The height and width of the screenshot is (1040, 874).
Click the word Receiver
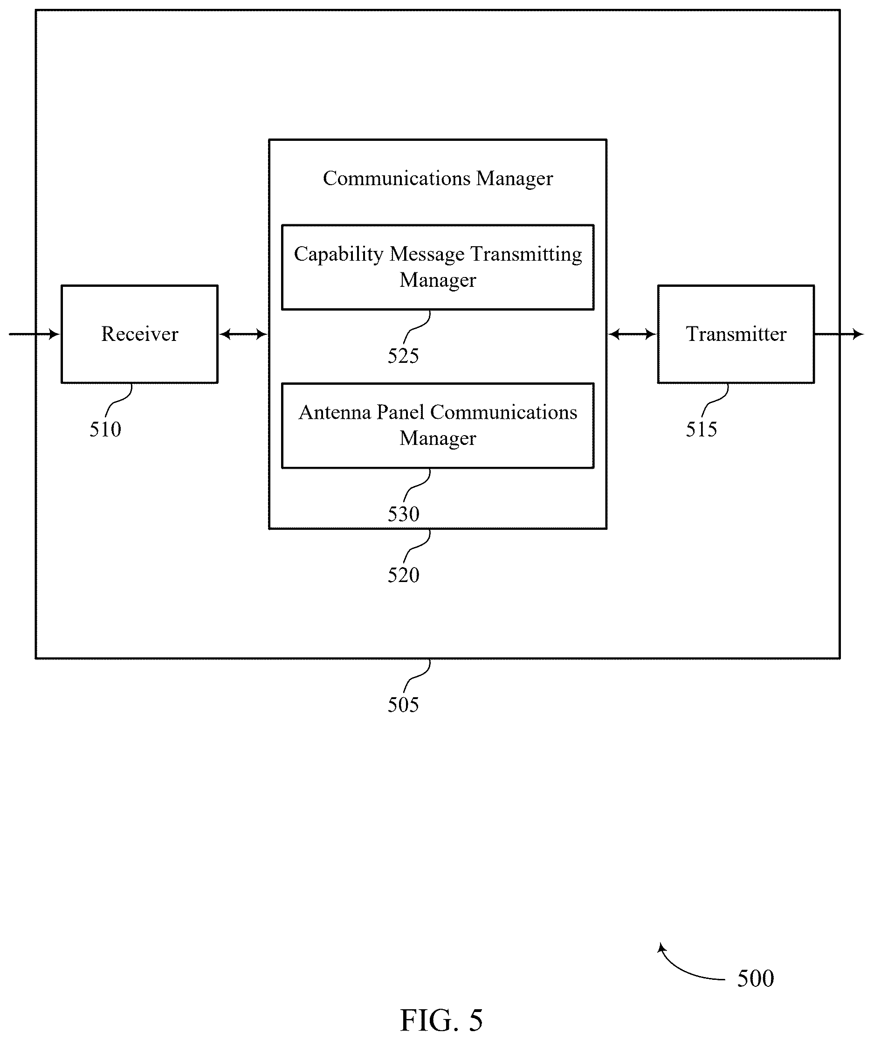[140, 334]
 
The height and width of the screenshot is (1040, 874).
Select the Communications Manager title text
[438, 179]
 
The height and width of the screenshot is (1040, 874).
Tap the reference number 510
[105, 429]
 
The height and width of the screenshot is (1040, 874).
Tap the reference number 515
[701, 429]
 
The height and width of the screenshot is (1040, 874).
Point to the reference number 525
[403, 356]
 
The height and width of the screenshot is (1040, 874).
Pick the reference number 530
[403, 514]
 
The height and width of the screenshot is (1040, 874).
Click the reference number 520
[403, 575]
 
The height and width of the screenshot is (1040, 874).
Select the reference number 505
[403, 705]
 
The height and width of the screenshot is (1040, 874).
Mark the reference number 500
[756, 978]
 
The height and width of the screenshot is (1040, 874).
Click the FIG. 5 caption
[441, 1020]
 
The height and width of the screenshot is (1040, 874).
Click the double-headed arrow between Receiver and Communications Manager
[243, 334]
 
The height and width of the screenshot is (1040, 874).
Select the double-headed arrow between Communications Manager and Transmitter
[632, 334]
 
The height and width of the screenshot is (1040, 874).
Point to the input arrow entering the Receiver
[34, 334]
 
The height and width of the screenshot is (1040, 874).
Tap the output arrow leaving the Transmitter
[840, 334]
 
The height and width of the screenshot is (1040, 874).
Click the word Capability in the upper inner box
[339, 255]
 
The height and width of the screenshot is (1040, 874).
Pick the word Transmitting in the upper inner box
[526, 255]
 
